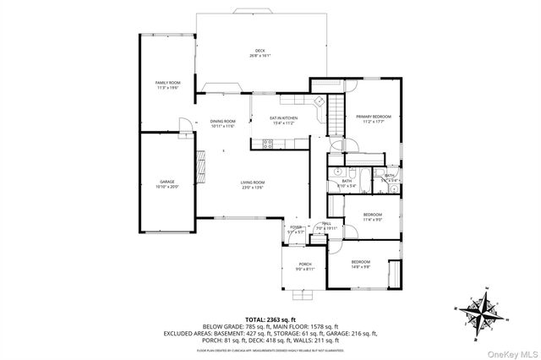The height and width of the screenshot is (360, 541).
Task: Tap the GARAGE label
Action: click(x=167, y=184)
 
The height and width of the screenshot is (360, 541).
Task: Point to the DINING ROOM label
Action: click(x=223, y=123)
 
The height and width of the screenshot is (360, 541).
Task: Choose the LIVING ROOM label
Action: click(x=253, y=184)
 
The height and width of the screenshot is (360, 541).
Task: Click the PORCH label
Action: click(x=305, y=267)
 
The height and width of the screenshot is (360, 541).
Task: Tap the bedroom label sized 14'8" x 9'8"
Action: click(x=362, y=264)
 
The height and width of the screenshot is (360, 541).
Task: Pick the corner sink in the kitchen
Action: click(x=319, y=101)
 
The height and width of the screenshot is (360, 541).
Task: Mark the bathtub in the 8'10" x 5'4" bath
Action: click(x=365, y=179)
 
